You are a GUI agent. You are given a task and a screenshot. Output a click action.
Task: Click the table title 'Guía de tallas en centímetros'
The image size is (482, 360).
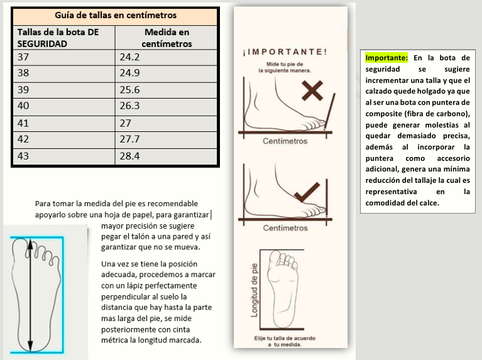115,15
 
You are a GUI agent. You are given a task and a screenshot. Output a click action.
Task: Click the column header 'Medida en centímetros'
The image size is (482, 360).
167,38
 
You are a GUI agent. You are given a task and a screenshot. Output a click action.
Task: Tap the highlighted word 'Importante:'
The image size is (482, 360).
386,58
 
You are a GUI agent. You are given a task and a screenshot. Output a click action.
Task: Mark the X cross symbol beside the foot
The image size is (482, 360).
312,92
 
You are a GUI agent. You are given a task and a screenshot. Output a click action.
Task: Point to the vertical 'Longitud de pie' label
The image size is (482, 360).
254,289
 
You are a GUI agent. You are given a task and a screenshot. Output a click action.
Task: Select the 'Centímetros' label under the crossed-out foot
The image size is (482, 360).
285,141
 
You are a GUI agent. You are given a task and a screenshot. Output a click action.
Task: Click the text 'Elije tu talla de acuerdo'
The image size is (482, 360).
285,338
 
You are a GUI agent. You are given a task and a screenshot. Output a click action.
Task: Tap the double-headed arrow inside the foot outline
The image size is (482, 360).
30,295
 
